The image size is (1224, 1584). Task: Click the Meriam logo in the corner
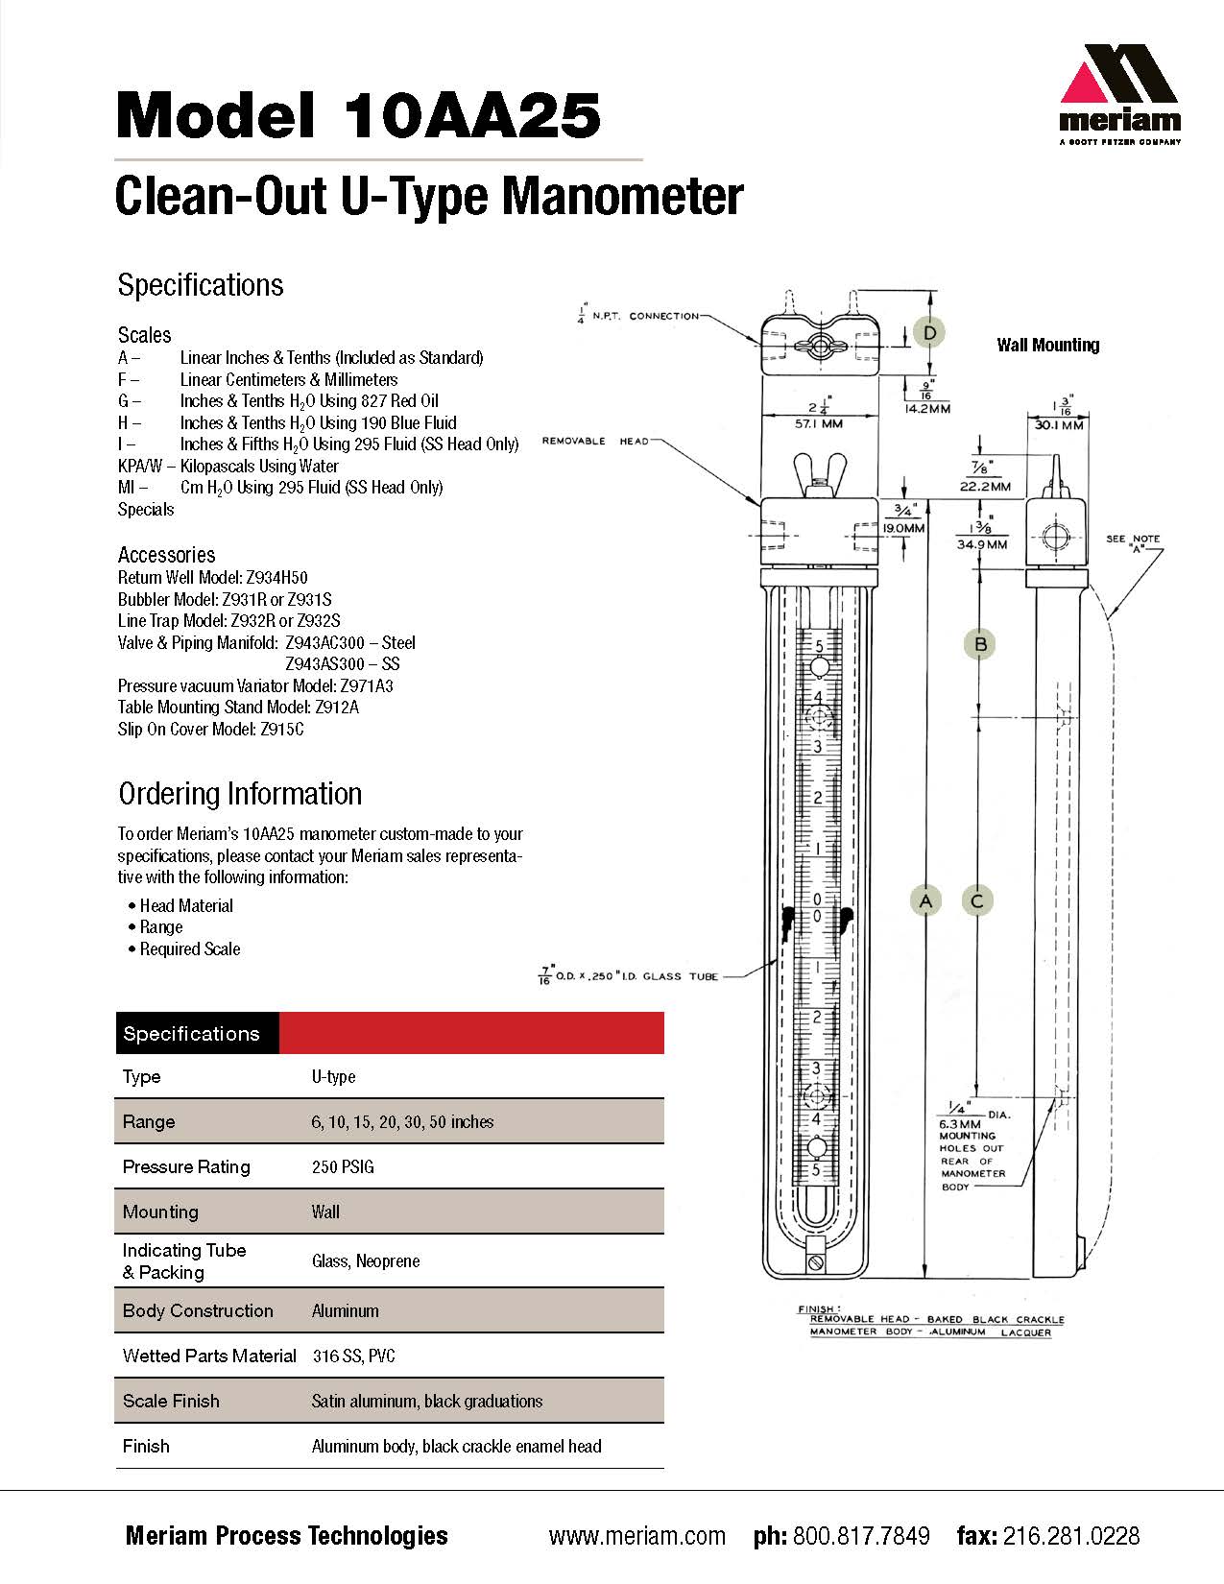click(1119, 94)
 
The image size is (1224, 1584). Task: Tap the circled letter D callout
click(929, 334)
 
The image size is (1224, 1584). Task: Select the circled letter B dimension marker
click(980, 644)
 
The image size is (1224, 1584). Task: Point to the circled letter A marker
click(925, 901)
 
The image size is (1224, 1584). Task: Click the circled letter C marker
click(977, 901)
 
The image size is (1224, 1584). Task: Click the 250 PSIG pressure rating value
click(343, 1167)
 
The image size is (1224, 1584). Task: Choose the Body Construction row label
click(198, 1310)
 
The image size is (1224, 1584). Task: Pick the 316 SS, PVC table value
click(353, 1356)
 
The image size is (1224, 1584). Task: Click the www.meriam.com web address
click(637, 1537)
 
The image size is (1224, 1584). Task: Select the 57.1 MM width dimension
click(819, 423)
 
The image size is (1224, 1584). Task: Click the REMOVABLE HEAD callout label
click(595, 441)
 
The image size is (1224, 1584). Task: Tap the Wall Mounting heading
click(1048, 345)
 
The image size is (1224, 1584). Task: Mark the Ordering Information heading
click(240, 794)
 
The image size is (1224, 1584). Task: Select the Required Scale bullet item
click(189, 949)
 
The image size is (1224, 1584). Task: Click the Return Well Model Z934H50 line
click(213, 578)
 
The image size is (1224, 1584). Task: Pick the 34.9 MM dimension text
click(982, 544)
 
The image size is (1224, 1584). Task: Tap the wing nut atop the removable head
click(820, 474)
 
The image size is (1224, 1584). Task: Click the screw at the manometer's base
click(817, 1263)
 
